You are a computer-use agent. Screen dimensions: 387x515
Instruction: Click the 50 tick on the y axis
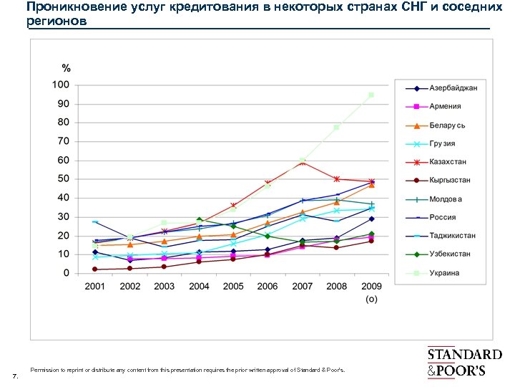[64, 178]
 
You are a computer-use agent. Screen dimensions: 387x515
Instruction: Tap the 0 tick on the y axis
[67, 273]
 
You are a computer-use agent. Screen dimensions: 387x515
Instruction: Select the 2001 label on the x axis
[94, 287]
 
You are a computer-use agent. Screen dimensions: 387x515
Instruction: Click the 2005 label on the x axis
[233, 287]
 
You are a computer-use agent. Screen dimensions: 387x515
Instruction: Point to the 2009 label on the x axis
[371, 287]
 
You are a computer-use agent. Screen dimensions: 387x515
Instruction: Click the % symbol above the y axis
[66, 69]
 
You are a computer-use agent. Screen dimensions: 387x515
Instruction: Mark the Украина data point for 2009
[371, 95]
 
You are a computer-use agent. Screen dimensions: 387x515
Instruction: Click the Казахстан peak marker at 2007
[303, 162]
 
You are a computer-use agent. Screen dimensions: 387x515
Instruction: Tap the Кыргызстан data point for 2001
[94, 269]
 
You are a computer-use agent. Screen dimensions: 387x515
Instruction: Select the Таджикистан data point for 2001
[94, 221]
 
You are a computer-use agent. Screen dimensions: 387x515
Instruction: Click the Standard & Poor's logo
[464, 362]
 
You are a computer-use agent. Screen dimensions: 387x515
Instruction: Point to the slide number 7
[15, 376]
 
